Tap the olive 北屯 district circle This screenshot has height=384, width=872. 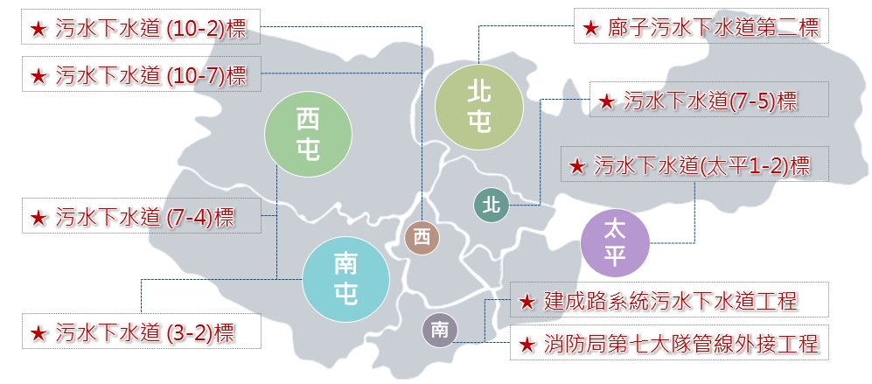tap(478, 106)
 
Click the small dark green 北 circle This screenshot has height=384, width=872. tap(491, 205)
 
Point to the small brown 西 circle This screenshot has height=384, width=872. tap(422, 236)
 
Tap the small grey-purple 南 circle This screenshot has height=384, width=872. tap(439, 330)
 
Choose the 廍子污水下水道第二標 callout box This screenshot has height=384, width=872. tap(701, 27)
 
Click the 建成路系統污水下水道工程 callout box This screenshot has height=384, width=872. tap(668, 302)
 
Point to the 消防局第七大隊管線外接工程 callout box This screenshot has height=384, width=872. tap(668, 344)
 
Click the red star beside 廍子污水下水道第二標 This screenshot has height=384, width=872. tap(589, 29)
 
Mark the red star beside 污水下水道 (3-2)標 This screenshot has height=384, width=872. tap(38, 333)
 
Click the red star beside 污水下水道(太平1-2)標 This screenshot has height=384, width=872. tap(576, 164)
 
